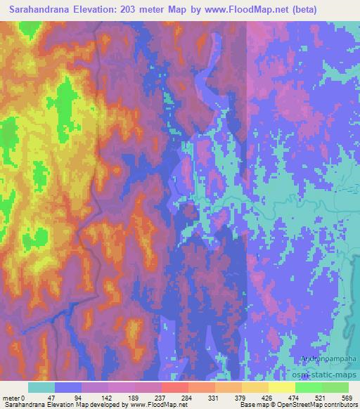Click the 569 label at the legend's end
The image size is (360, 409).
[345, 397]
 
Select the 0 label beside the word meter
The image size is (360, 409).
[22, 397]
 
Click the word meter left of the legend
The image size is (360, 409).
[11, 397]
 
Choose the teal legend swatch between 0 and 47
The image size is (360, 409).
[41, 387]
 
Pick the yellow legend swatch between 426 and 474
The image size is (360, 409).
[281, 387]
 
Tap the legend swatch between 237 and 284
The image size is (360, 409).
[174, 387]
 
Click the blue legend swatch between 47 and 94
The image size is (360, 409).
[68, 387]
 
